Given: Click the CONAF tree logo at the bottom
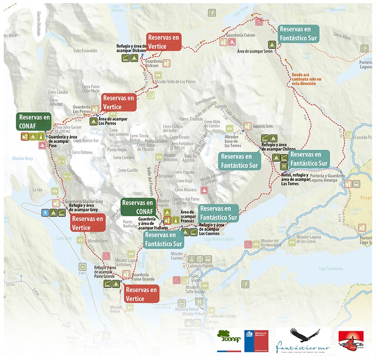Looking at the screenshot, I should point(228,339).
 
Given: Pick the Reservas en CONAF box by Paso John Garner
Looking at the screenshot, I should point(33,121).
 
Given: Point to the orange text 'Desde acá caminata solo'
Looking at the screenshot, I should point(306,79).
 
